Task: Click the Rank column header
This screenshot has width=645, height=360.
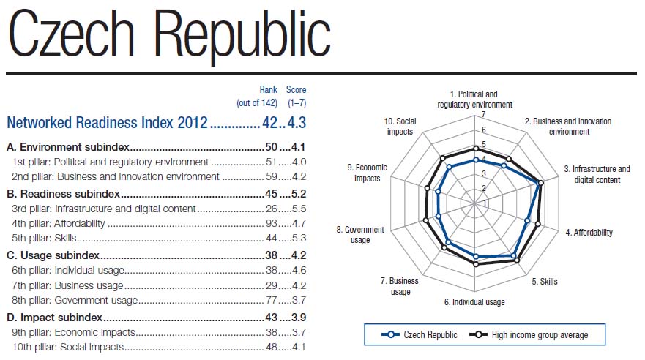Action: tap(268, 89)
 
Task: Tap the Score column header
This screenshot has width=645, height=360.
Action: tap(297, 89)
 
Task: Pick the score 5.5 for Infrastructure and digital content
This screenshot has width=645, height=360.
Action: tap(298, 209)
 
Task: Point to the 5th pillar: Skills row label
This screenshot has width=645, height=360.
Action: tap(45, 238)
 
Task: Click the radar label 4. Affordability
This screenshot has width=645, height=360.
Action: tap(589, 233)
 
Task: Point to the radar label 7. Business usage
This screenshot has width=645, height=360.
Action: tap(400, 286)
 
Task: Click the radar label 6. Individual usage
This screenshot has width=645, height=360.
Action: tap(474, 301)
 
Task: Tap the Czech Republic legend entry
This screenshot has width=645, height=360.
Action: tap(421, 335)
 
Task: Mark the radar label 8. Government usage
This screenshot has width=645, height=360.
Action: tap(359, 235)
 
